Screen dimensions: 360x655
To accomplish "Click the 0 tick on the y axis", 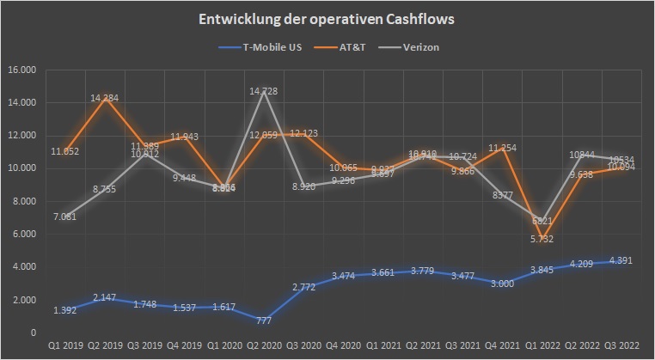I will (x=32, y=333).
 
